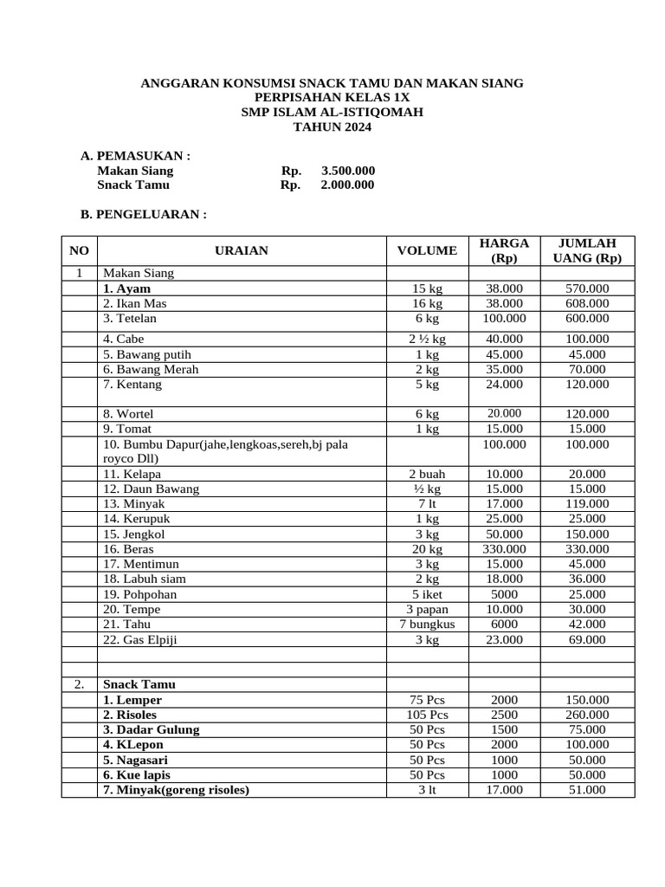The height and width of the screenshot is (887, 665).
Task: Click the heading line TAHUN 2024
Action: [x=332, y=127]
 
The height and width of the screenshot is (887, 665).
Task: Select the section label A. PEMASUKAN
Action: [x=135, y=156]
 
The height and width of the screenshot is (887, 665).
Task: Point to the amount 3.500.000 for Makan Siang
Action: [x=348, y=171]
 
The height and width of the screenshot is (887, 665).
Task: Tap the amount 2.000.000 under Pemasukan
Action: [x=348, y=185]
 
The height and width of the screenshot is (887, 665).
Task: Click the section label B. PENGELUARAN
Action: [x=144, y=214]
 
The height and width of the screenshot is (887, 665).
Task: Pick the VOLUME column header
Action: [x=427, y=250]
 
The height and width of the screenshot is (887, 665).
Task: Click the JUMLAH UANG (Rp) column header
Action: [x=587, y=250]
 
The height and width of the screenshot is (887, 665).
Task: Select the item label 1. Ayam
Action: [x=126, y=288]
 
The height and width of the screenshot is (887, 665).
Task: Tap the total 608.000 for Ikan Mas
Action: [x=587, y=303]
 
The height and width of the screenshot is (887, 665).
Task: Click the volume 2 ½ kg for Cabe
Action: [x=427, y=339]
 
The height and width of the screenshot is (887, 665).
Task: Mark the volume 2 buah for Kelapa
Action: [x=427, y=474]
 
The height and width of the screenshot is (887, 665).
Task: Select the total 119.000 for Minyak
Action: [x=587, y=503]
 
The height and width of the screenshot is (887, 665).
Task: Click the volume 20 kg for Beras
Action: [x=427, y=549]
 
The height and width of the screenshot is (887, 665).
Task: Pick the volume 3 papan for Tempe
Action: [x=427, y=609]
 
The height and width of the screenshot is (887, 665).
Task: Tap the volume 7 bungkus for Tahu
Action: [x=427, y=624]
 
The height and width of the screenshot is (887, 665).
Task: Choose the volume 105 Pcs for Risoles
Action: [x=427, y=715]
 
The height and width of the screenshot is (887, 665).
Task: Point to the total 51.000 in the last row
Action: [x=587, y=789]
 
